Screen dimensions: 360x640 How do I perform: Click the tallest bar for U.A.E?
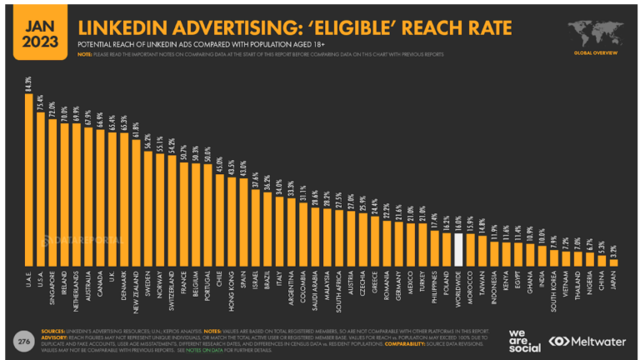tap(29, 179)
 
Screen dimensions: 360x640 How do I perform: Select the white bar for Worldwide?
tap(457, 248)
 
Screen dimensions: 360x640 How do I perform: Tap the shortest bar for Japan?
tap(613, 262)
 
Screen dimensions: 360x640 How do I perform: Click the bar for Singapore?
tap(53, 192)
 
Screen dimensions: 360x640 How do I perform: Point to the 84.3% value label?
tap(29, 83)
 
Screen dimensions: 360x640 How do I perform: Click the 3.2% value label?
tap(613, 249)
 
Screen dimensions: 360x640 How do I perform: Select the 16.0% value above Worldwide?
tap(457, 222)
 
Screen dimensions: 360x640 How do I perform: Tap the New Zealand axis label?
tap(136, 288)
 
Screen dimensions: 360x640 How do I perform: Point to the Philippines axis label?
tap(433, 288)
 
